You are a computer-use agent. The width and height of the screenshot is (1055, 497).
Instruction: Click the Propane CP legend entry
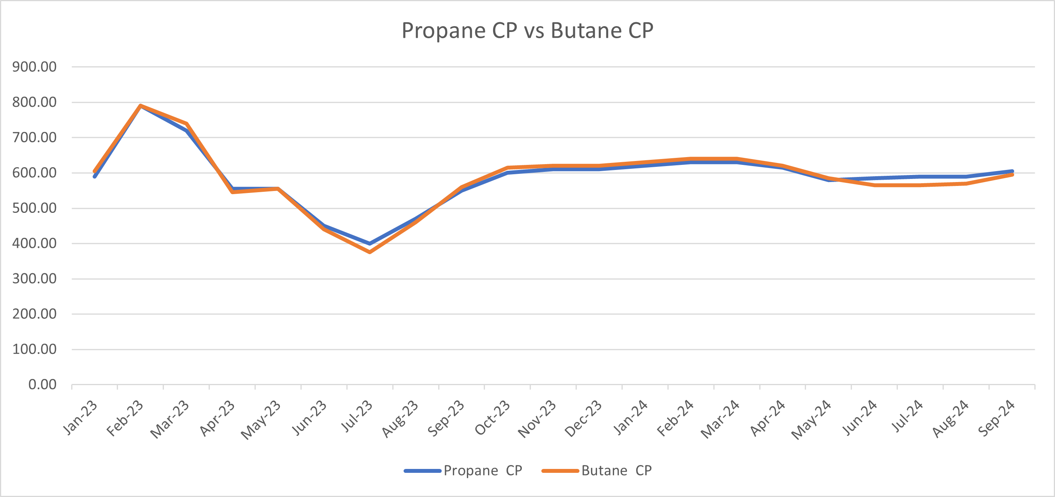(483, 470)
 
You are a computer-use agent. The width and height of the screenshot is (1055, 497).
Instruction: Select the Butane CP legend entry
(616, 470)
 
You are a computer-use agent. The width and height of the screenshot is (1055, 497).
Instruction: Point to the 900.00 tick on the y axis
(34, 67)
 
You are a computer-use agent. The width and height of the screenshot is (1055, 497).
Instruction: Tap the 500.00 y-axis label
(34, 208)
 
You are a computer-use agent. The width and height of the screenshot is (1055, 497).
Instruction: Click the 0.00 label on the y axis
(42, 385)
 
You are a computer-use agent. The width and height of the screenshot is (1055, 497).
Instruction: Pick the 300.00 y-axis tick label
(34, 279)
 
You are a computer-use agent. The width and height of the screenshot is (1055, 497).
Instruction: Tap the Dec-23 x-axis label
(583, 418)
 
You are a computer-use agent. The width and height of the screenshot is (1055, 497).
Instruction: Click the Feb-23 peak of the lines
(140, 106)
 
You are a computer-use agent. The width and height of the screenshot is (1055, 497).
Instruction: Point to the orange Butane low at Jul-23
(370, 252)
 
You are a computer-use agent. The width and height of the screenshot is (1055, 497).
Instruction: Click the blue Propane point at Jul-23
(370, 244)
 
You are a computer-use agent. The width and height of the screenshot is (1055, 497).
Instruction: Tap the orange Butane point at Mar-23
(186, 124)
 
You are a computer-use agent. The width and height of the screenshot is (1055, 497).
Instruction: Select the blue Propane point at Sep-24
(1012, 171)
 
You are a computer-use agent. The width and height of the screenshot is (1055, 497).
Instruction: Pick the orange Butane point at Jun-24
(874, 185)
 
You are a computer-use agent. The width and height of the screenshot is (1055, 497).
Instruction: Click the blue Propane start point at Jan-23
(95, 177)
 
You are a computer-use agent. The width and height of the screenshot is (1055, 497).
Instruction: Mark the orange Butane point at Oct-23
(507, 168)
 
